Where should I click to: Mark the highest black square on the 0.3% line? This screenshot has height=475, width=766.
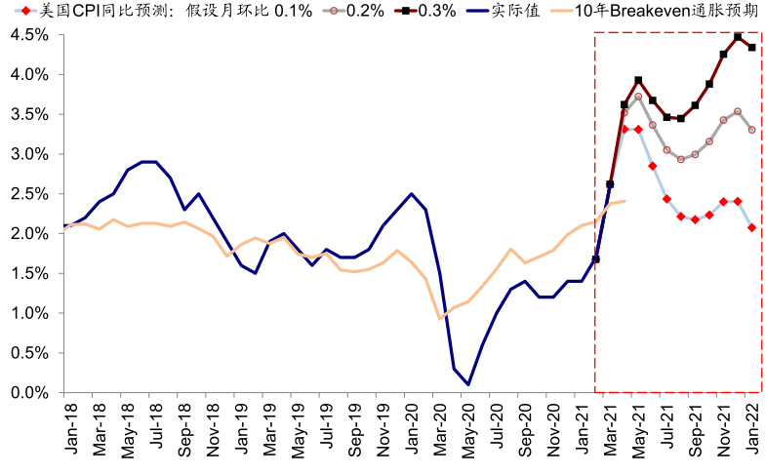click(x=738, y=37)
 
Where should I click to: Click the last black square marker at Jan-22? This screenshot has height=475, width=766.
click(x=751, y=47)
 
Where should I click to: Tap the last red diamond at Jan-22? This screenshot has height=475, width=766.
click(x=751, y=228)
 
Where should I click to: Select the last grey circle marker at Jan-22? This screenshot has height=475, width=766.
click(x=751, y=130)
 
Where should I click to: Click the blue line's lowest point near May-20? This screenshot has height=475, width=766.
click(x=469, y=384)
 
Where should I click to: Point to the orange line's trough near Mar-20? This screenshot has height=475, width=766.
click(x=441, y=318)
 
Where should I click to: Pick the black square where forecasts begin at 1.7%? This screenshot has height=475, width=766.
click(x=595, y=259)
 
